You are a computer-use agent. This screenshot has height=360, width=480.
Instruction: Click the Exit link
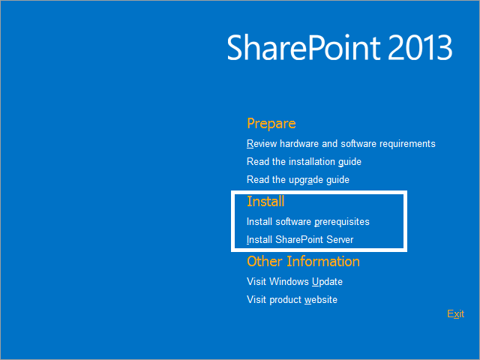pos(455,313)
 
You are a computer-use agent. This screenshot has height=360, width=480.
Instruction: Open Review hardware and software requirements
pos(341,143)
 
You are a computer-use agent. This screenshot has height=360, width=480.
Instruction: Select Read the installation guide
pos(304,162)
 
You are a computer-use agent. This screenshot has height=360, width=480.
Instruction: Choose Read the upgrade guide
pos(298,180)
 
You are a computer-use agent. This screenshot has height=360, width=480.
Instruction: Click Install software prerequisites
pos(308,222)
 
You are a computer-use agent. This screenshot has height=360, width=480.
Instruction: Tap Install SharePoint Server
pos(300,239)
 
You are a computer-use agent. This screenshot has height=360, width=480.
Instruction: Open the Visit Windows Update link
pos(295,282)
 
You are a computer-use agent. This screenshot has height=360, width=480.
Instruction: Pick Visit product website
pos(292,300)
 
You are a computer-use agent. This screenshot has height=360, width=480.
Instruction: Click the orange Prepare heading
pos(271,124)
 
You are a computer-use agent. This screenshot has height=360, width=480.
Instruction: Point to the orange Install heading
pos(265,202)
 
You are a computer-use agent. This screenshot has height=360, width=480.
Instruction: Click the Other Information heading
pos(303,262)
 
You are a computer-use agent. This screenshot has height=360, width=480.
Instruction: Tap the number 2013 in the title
pos(420,47)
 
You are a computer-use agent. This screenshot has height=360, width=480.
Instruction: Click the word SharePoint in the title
pos(303,47)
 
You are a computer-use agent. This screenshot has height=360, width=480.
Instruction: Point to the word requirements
pos(407,144)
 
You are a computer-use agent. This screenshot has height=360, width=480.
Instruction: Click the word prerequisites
pos(342,222)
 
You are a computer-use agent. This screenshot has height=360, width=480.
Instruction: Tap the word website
pos(321,300)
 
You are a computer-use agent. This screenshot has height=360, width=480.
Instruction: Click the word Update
pos(327,282)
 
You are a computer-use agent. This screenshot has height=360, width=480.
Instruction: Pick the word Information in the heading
pos(323,262)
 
